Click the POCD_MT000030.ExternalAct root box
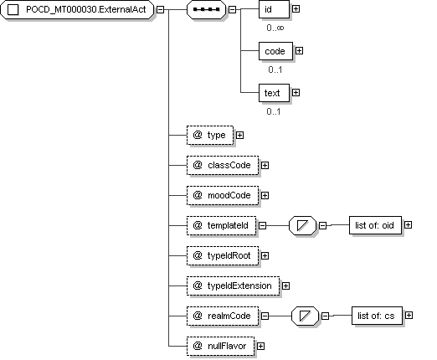click(77, 9)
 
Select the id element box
click(274, 9)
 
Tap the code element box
click(275, 51)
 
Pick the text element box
click(274, 93)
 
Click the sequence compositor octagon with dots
click(206, 9)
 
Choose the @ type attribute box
click(210, 136)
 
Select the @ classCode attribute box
click(223, 166)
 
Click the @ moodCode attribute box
click(223, 196)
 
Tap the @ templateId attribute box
click(222, 225)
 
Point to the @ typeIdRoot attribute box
click(223, 255)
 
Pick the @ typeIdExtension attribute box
click(233, 285)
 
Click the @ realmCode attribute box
click(223, 316)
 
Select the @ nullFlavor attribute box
click(220, 346)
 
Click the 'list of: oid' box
click(375, 225)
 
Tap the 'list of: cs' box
click(377, 316)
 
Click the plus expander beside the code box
click(299, 51)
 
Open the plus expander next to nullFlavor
click(260, 347)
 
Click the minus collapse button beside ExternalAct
click(160, 9)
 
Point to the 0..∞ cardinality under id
click(275, 28)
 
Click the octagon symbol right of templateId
click(303, 225)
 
